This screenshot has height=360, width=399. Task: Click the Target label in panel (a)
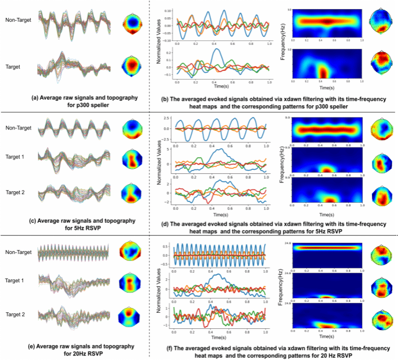point(21,67)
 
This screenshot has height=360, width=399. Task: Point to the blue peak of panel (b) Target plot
point(217,50)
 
